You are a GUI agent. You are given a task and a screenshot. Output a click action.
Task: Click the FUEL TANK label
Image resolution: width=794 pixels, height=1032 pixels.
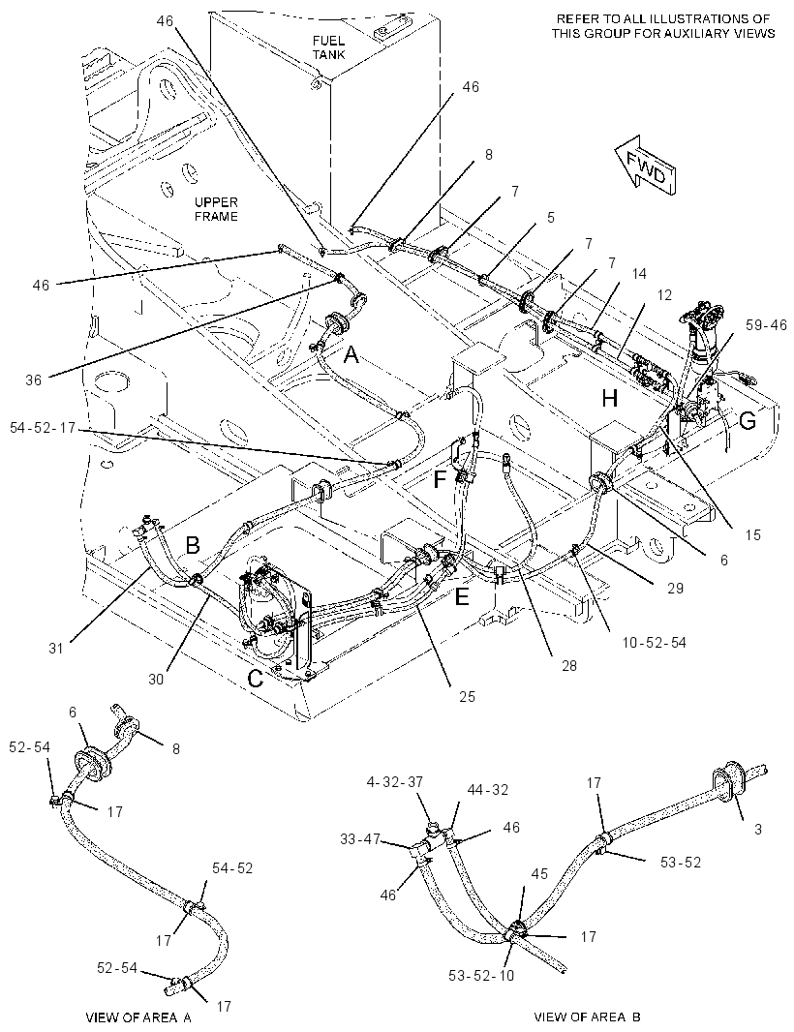click(328, 47)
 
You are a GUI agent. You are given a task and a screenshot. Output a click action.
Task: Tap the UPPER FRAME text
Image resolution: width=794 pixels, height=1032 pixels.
click(216, 209)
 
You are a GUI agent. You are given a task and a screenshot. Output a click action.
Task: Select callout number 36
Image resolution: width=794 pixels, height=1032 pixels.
click(34, 379)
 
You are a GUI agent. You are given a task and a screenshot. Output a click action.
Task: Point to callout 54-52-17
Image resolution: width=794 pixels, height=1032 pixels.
click(44, 429)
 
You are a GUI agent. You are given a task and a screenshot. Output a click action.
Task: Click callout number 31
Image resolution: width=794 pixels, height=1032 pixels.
click(56, 649)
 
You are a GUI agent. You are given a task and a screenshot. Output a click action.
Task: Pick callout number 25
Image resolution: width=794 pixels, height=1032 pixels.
click(467, 696)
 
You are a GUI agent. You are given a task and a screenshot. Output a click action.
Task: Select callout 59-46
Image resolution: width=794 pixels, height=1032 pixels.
click(766, 324)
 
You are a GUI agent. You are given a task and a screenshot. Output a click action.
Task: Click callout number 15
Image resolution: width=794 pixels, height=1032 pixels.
click(752, 534)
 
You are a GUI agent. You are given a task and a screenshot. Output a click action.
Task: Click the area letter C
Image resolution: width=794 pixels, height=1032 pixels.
click(255, 679)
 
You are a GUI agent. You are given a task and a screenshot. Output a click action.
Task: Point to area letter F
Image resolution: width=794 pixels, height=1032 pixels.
click(440, 478)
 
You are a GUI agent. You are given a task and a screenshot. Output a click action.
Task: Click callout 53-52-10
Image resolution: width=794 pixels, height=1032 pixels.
click(482, 976)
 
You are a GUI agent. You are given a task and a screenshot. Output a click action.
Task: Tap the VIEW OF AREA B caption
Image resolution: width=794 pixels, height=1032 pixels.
click(588, 1017)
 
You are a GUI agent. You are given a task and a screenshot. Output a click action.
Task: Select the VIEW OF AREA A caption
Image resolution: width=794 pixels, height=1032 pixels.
click(138, 1017)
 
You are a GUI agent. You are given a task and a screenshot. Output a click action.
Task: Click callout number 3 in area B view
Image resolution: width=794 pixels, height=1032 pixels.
click(758, 830)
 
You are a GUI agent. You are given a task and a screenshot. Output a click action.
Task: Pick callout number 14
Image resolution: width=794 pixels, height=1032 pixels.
click(639, 275)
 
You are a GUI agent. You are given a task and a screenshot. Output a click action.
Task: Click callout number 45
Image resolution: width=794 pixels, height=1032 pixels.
click(540, 874)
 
